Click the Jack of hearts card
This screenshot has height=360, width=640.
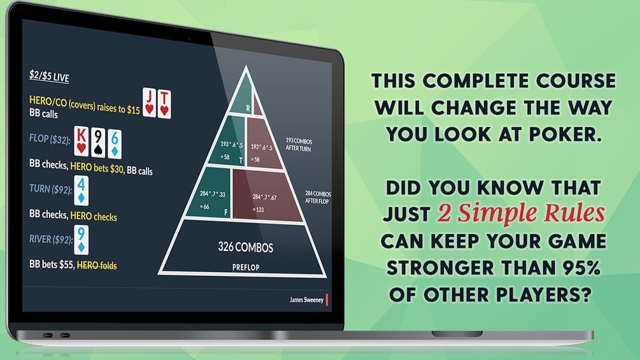150,102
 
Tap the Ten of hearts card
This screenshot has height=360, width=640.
164,104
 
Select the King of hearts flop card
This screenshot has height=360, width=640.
82,141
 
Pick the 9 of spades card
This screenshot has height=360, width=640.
97,143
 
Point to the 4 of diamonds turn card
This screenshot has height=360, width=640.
82,191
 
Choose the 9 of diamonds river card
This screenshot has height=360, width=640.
82,240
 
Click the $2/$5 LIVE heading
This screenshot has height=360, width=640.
49,76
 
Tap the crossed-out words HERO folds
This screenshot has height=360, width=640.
97,265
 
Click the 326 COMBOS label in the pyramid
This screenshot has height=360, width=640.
245,247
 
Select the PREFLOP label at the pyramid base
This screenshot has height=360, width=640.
246,268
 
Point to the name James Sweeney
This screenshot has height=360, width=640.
306,299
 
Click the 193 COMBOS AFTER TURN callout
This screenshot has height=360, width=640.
299,145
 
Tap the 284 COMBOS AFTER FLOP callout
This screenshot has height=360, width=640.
318,197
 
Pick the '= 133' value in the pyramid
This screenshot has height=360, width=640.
259,210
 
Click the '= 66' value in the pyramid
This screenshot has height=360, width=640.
204,206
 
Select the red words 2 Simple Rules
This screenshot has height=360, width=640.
521,213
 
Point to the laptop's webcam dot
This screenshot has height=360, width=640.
189,39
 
